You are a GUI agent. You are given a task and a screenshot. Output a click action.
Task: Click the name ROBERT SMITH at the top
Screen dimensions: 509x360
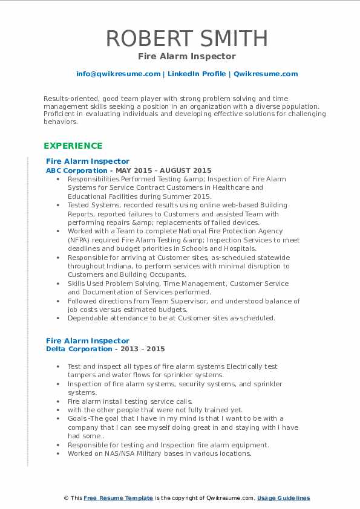186,39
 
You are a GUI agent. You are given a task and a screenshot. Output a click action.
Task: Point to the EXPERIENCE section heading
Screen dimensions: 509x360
73,146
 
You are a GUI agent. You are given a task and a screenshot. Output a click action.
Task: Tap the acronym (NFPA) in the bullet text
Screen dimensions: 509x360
80,239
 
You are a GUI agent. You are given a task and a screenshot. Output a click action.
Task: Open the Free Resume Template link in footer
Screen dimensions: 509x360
118,498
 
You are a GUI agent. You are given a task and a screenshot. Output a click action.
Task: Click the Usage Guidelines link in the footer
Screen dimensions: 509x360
283,498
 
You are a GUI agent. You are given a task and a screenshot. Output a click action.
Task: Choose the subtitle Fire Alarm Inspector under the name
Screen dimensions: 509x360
186,56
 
